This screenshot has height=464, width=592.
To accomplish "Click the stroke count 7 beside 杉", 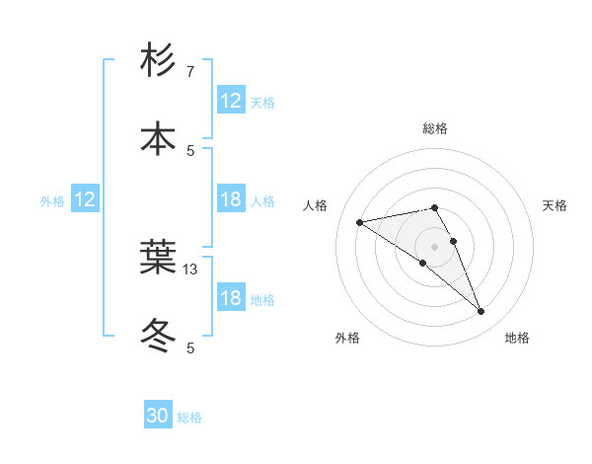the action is [x=190, y=72].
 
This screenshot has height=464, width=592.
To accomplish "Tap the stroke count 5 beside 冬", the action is [x=190, y=348].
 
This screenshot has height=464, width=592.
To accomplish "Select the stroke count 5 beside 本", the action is [x=190, y=150].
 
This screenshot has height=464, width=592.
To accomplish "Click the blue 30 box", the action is [x=158, y=416].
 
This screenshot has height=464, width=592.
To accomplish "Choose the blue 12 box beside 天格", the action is [x=231, y=101].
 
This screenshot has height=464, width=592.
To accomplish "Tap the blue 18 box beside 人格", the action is [x=231, y=199].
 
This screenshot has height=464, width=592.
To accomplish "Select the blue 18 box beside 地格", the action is [x=231, y=298].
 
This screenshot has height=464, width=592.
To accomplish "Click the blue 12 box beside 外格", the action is [x=85, y=199].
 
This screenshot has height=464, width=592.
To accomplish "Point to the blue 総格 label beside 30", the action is [x=189, y=418].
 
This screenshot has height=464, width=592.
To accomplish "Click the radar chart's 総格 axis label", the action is [x=435, y=128].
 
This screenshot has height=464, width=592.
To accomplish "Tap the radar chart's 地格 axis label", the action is [x=517, y=339].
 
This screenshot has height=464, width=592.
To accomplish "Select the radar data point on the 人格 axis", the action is [x=360, y=222].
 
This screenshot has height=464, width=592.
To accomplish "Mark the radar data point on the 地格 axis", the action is [x=481, y=312].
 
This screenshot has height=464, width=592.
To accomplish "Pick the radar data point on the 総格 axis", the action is [x=435, y=207].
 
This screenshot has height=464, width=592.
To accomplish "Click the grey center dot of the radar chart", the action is [x=435, y=247].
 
